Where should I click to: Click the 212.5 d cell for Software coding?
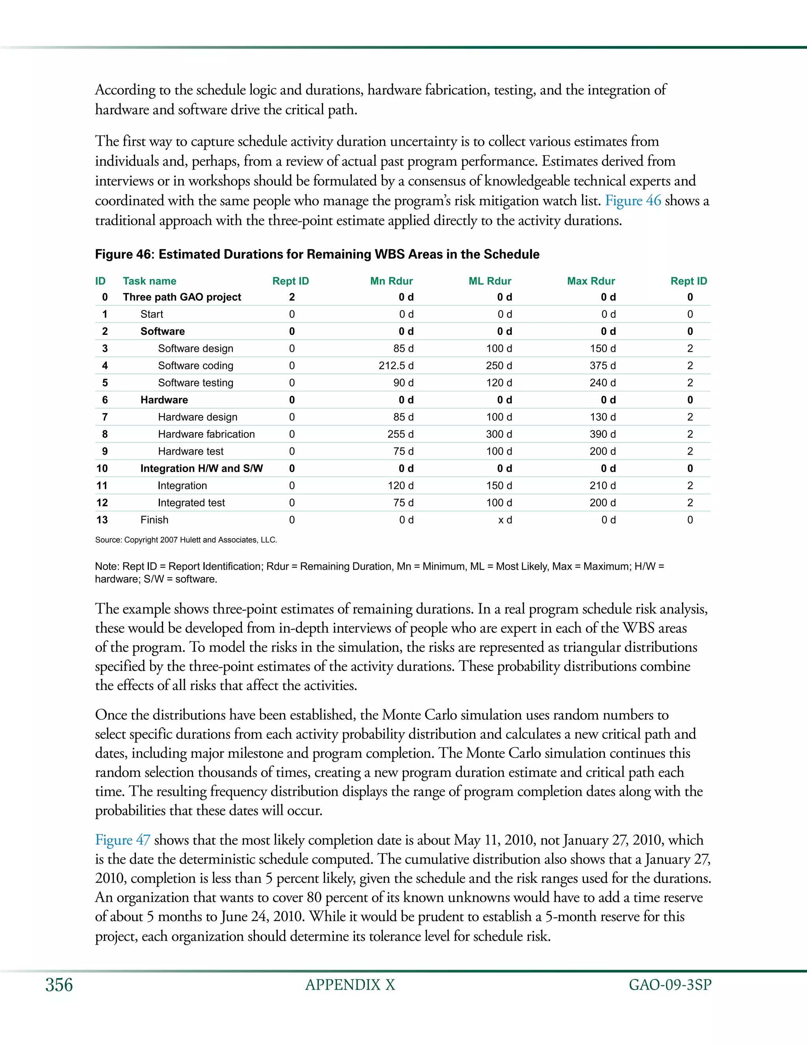(x=396, y=366)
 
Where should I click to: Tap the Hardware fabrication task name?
(x=206, y=434)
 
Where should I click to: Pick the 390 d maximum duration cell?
(x=602, y=434)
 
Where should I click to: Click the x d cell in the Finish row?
(x=505, y=520)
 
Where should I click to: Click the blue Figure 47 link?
(x=123, y=840)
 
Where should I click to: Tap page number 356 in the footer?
(x=59, y=985)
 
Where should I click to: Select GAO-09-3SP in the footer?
(x=670, y=985)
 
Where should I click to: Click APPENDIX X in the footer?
(x=350, y=985)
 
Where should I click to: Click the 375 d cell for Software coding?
(x=602, y=366)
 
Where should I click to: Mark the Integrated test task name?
(x=191, y=502)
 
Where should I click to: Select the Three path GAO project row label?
(x=182, y=297)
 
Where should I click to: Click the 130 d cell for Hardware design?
(x=602, y=417)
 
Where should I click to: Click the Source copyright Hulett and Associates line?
(x=186, y=540)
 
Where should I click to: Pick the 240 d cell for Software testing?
(x=602, y=383)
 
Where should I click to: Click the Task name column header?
(x=149, y=281)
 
